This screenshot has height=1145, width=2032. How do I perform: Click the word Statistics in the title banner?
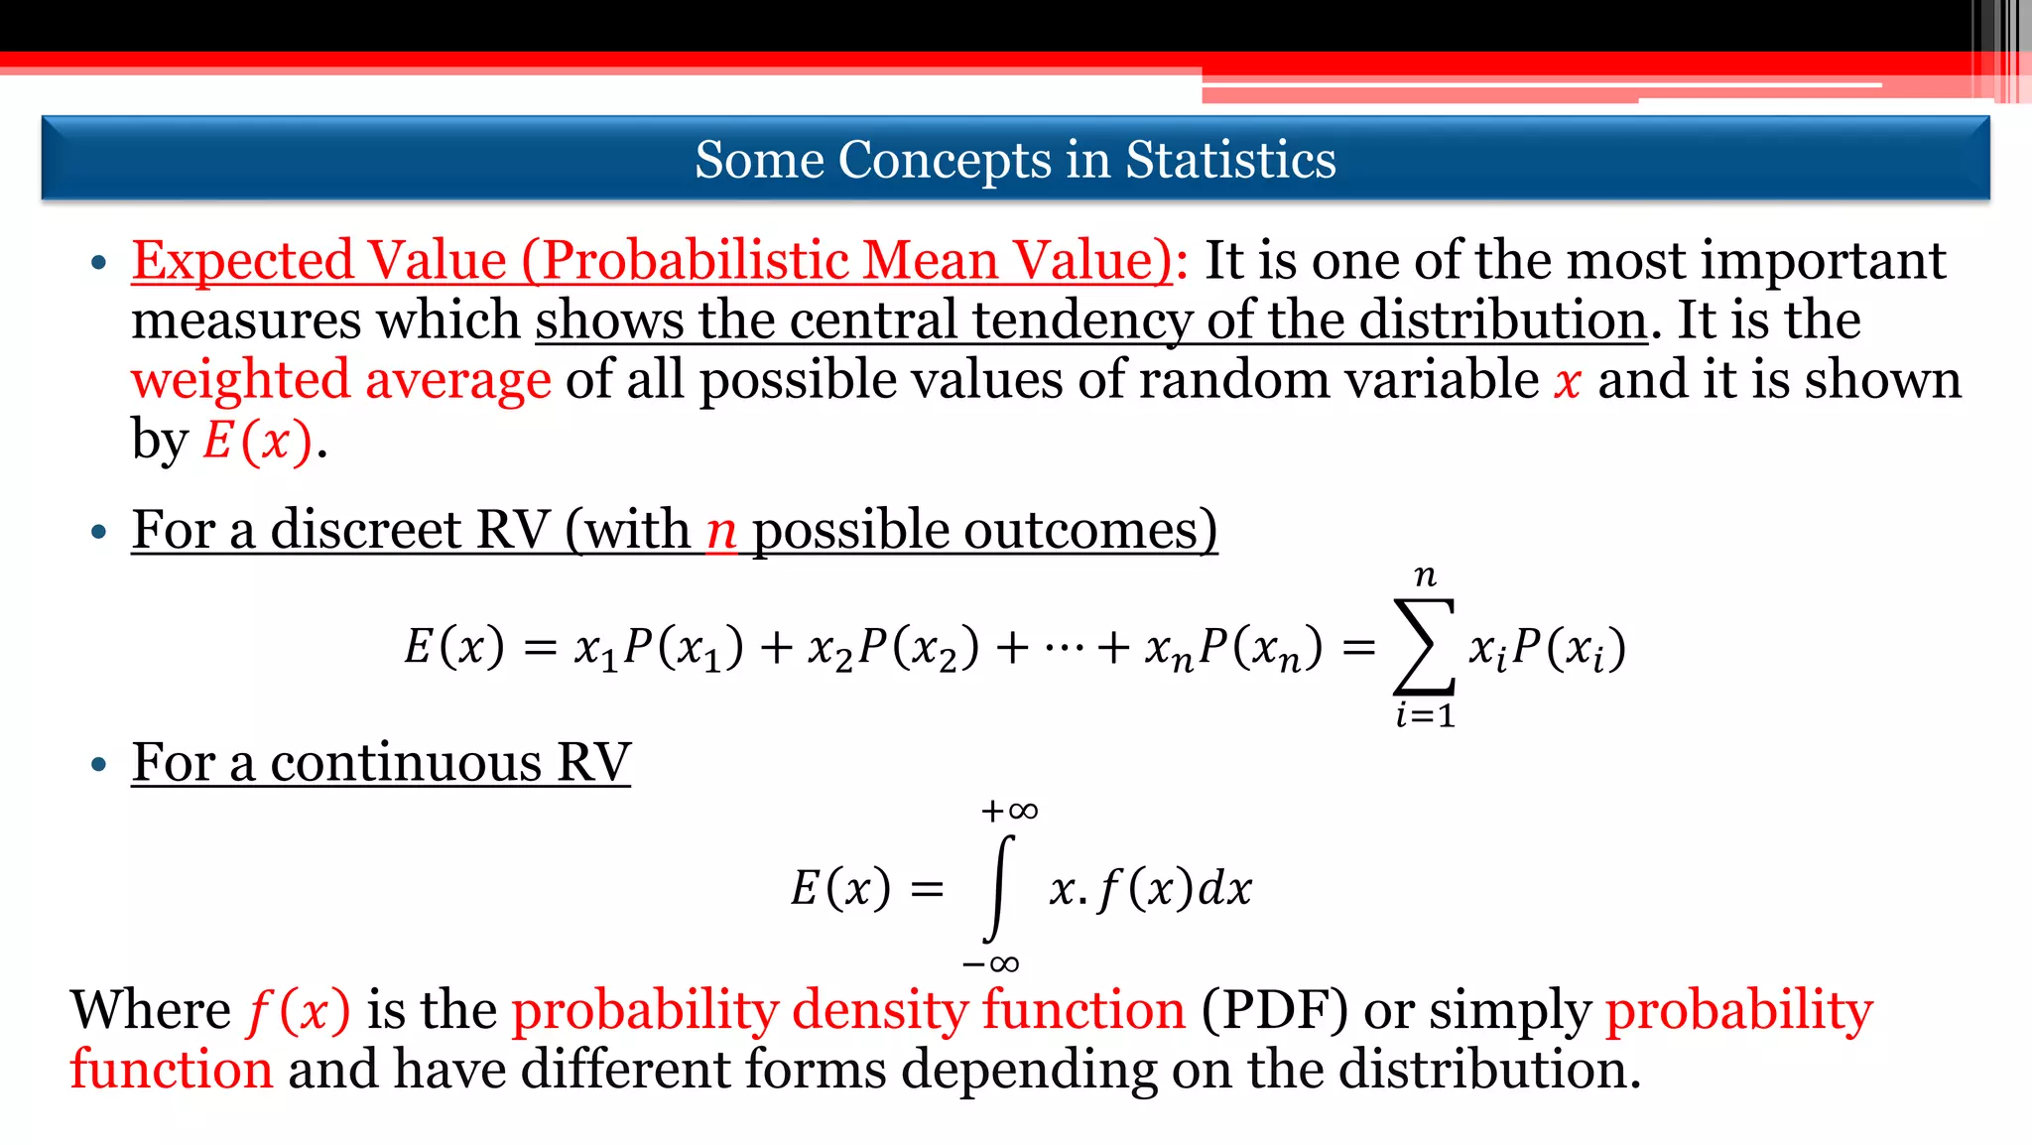click(x=1230, y=160)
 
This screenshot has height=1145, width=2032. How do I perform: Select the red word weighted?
click(x=241, y=381)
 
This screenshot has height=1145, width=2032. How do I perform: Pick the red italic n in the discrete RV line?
click(x=721, y=532)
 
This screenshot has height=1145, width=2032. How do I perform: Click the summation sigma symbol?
click(x=1425, y=646)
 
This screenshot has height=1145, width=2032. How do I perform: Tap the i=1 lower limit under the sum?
click(x=1425, y=714)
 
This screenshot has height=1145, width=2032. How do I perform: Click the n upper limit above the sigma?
click(x=1425, y=575)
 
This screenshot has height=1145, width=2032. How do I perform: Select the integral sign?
click(x=998, y=887)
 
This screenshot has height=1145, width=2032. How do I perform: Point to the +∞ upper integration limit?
click(x=1009, y=812)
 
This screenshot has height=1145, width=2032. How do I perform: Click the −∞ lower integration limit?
click(x=990, y=963)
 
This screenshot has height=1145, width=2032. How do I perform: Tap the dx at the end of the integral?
click(x=1225, y=888)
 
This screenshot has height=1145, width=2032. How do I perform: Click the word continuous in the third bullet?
click(x=406, y=763)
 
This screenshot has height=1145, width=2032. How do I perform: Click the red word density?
click(x=879, y=1011)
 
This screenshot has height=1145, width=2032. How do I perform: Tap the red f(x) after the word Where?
click(x=299, y=1011)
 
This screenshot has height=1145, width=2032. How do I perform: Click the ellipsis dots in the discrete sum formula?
click(x=1064, y=649)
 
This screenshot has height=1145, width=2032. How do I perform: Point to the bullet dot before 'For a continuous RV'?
click(x=98, y=765)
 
